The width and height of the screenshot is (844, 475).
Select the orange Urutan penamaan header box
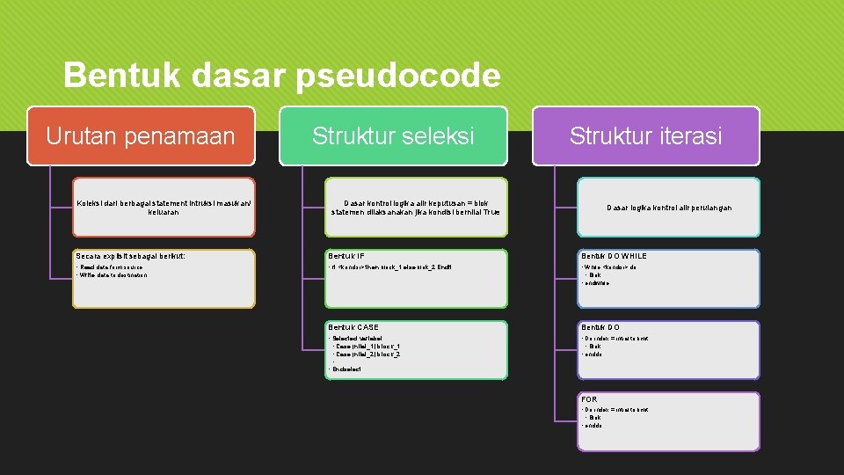pyautogui.click(x=141, y=136)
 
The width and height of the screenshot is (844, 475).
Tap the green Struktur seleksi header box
pyautogui.click(x=393, y=136)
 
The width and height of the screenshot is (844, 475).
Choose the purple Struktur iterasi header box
pyautogui.click(x=645, y=136)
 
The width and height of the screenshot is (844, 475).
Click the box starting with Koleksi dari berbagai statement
pyautogui.click(x=164, y=208)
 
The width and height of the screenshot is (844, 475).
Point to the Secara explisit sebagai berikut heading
pyautogui.click(x=130, y=257)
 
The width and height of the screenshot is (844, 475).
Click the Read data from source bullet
pyautogui.click(x=111, y=267)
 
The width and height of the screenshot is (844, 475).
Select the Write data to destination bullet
pyautogui.click(x=113, y=275)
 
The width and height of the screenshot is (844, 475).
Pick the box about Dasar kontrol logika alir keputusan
pyautogui.click(x=416, y=208)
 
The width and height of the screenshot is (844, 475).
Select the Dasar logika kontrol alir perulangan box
pyautogui.click(x=669, y=208)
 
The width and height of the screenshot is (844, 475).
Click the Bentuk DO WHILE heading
pyautogui.click(x=614, y=257)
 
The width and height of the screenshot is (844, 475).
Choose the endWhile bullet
pyautogui.click(x=597, y=283)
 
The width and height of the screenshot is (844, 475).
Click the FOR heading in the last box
pyautogui.click(x=589, y=400)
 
